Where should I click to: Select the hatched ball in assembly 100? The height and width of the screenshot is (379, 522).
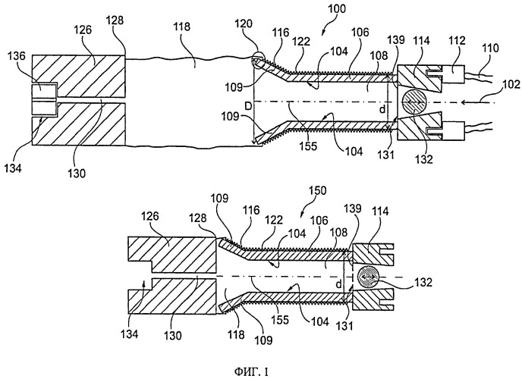(416, 102)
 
